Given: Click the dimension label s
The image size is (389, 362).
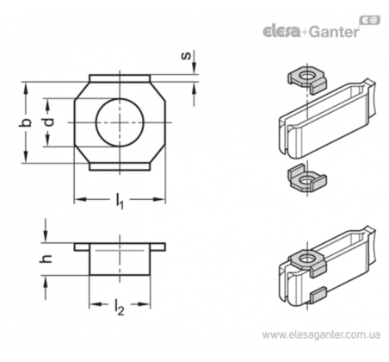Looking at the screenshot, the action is pos(187,55).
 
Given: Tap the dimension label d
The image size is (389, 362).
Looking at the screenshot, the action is pos(49,122).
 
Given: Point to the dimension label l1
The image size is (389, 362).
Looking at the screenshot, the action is pos(120,201).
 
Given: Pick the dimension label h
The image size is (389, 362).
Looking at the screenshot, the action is pos(46,259).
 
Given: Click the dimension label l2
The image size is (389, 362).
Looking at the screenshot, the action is pos(120,307).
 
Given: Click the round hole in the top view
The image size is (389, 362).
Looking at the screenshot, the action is pos(120,122).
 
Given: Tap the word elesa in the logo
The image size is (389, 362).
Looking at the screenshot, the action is pos(281,31).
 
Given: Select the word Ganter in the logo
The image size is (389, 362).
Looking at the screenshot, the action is pos(334,31).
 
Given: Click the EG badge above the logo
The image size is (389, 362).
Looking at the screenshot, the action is pos(370,21).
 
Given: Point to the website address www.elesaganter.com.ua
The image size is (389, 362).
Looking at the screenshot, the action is pos(321,335).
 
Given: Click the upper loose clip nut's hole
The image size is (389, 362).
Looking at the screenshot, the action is pos(306,76).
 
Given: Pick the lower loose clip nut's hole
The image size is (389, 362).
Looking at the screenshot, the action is pos(306,181).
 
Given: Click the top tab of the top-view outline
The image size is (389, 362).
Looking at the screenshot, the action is pos(120,78).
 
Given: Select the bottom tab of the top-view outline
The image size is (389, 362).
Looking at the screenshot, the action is pos(120,166).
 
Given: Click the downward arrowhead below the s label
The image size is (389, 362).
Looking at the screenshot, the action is pos(194,67).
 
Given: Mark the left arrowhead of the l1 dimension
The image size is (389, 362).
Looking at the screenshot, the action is pos(80,199).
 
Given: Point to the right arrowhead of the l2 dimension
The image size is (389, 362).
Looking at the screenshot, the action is pos(145,304).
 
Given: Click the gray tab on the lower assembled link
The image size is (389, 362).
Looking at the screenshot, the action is pos(318,296).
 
